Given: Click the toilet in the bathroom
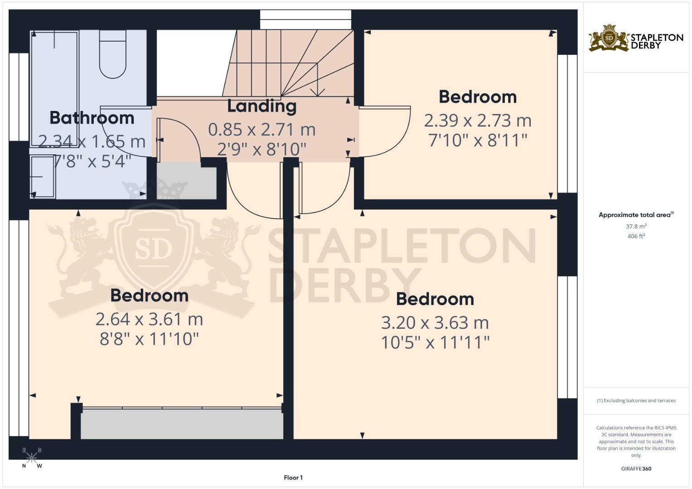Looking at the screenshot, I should tap(112, 54).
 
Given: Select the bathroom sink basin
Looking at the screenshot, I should tap(43, 177).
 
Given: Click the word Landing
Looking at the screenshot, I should tap(261, 106).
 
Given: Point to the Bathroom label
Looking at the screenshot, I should tap(92, 118).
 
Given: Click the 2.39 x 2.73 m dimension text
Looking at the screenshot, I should tap(477, 120).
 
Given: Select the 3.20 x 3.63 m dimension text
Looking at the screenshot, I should tap(435, 323).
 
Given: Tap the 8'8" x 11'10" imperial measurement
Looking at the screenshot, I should tap(149, 339).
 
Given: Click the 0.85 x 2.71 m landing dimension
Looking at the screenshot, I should tap(261, 129).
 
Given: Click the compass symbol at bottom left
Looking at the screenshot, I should tap(32, 458).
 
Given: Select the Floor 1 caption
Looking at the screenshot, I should tap(293, 478).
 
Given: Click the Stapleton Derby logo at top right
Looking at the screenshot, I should tap(636, 38).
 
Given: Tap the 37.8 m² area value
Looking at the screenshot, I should tap(636, 226).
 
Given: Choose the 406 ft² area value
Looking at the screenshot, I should tap(636, 236).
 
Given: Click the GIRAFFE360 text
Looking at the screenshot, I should tap(636, 469).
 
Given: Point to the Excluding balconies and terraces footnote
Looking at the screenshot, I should tap(636, 401).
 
